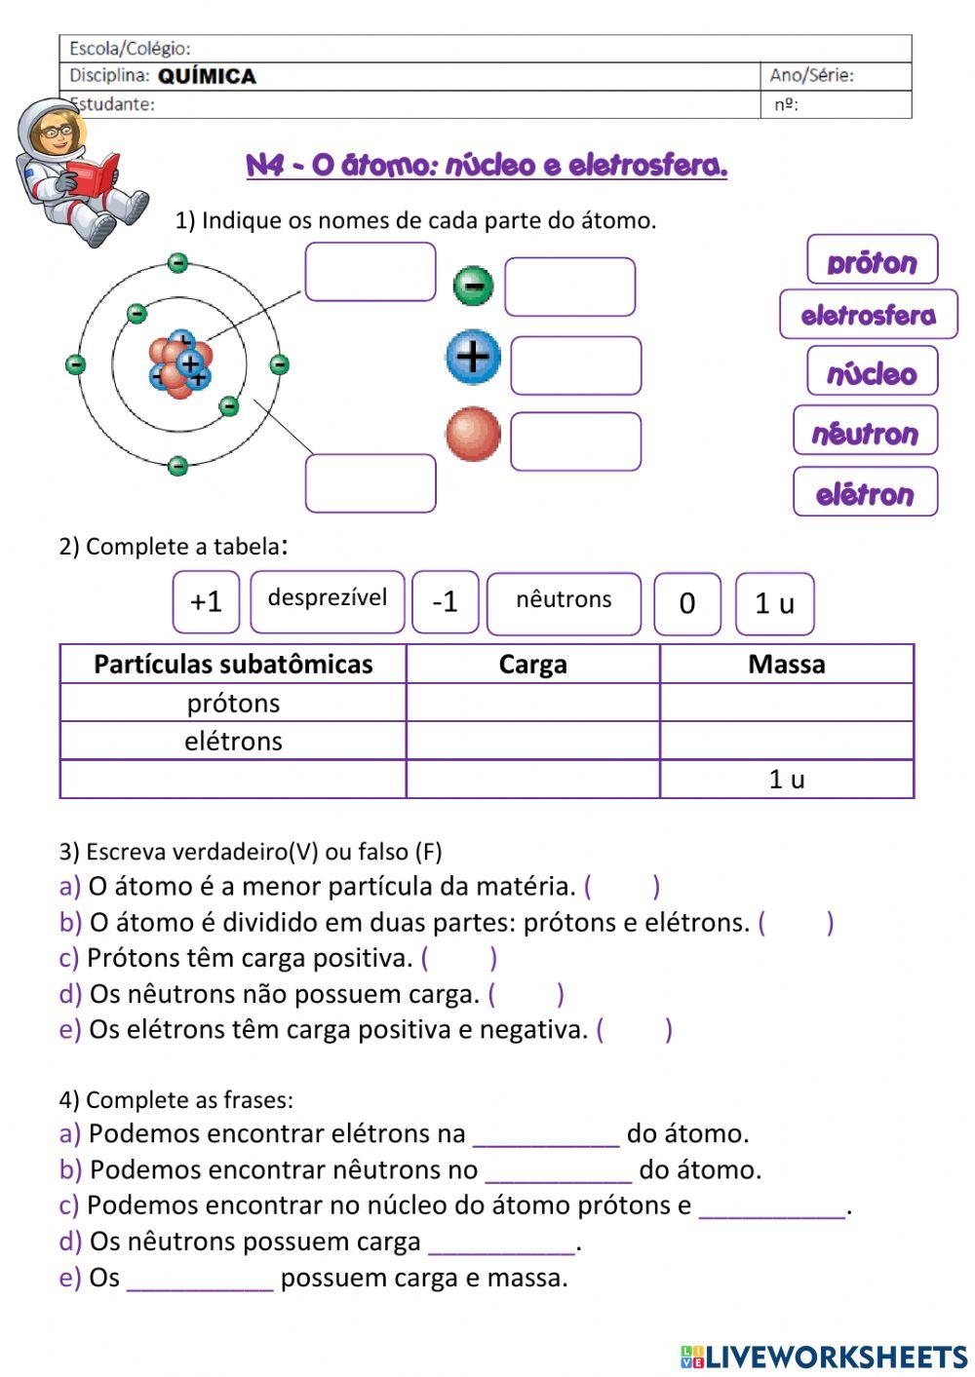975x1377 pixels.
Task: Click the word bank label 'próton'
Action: [x=872, y=260]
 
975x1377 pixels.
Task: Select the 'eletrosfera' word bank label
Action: [x=868, y=315]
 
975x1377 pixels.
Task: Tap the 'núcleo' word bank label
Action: [x=872, y=372]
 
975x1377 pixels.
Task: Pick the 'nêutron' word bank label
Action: [x=865, y=432]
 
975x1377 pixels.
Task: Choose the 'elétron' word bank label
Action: [x=865, y=493]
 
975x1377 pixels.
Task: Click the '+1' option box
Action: [x=206, y=602]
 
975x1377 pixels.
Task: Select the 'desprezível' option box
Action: [x=327, y=600]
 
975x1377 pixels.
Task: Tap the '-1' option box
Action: [x=445, y=602]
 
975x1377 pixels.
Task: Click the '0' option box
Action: [x=687, y=604]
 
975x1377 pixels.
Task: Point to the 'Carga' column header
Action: [x=532, y=664]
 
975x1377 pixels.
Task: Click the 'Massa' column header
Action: [x=786, y=664]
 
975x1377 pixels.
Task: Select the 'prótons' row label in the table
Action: [x=233, y=703]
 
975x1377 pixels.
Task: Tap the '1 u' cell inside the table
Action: [x=787, y=779]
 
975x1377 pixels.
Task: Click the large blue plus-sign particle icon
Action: [x=473, y=357]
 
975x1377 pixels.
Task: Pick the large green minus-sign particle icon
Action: [x=473, y=287]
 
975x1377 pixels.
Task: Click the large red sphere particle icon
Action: [x=473, y=435]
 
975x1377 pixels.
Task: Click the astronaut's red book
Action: [x=93, y=175]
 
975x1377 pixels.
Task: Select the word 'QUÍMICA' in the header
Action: [x=207, y=77]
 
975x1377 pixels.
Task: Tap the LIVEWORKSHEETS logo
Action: [x=824, y=1357]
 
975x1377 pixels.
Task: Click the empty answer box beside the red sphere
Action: [x=575, y=441]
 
